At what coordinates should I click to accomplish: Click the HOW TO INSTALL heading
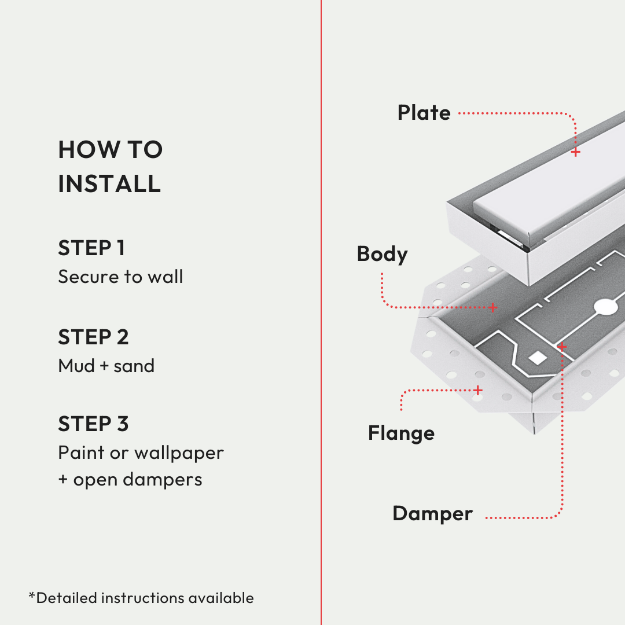(x=111, y=167)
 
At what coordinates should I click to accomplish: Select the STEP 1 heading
(x=91, y=248)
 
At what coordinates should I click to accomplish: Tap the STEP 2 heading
(x=93, y=337)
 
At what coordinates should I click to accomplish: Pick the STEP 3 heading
(x=93, y=424)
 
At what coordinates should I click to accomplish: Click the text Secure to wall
(x=120, y=277)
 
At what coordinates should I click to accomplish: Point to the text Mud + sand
(x=106, y=366)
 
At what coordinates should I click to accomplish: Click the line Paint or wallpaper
(x=141, y=453)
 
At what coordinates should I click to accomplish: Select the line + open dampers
(x=130, y=480)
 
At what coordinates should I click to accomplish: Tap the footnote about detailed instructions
(x=141, y=598)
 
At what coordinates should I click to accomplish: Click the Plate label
(x=424, y=112)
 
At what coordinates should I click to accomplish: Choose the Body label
(x=383, y=254)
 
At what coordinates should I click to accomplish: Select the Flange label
(x=402, y=433)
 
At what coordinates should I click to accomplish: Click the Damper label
(x=433, y=514)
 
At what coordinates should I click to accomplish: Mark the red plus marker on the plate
(x=576, y=152)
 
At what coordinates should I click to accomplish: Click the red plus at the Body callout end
(x=493, y=307)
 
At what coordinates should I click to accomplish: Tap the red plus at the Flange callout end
(x=478, y=390)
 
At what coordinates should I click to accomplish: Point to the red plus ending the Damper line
(x=562, y=347)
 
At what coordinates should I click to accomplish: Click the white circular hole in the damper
(x=606, y=307)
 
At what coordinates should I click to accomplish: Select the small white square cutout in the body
(x=538, y=358)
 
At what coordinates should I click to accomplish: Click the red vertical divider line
(x=321, y=312)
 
